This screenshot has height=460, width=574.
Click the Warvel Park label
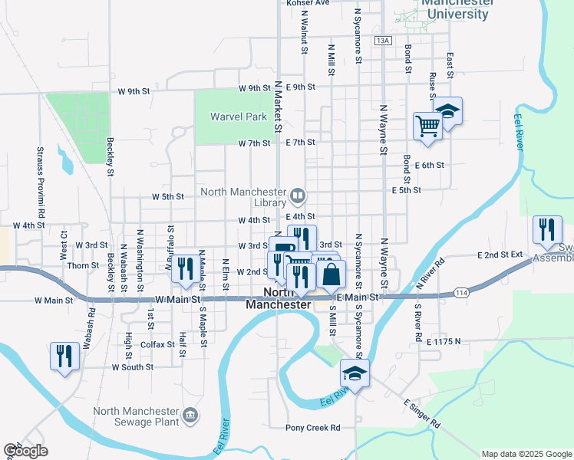point(238,117)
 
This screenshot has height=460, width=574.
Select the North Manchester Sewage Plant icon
point(190,416)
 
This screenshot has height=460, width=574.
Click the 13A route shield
point(383,40)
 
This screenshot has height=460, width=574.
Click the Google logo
point(25,451)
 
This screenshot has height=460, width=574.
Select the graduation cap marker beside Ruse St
point(447,111)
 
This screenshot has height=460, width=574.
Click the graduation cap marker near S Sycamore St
point(355,374)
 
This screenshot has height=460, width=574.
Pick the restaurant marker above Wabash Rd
point(64,356)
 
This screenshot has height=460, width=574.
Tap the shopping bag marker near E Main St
point(331,274)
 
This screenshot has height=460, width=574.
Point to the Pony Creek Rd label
point(312,428)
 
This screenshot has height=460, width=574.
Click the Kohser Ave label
point(307,3)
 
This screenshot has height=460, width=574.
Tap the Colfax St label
point(158,345)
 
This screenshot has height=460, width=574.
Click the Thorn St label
point(83,266)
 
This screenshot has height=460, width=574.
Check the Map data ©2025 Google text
point(526,454)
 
